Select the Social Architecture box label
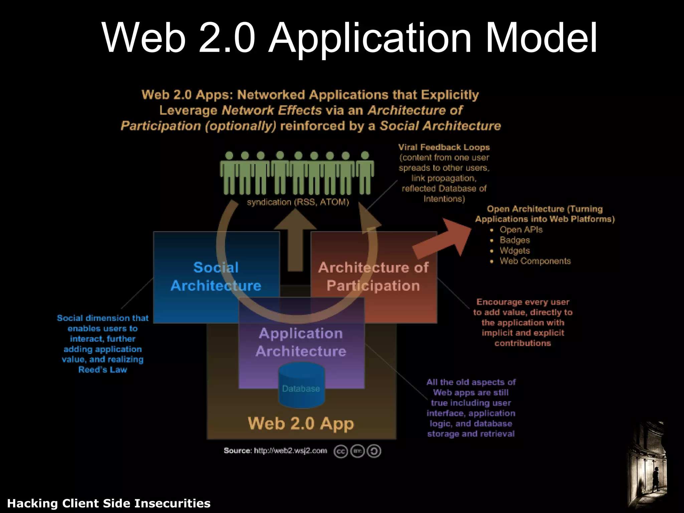click(x=216, y=277)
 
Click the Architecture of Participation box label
click(x=373, y=277)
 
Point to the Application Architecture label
click(x=301, y=342)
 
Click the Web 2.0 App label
click(x=301, y=423)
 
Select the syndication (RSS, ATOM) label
click(x=298, y=202)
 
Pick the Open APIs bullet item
click(x=521, y=230)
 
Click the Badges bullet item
click(x=515, y=240)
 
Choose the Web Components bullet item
click(x=535, y=261)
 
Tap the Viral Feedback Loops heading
click(x=444, y=147)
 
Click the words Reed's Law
click(x=103, y=370)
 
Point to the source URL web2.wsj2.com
click(x=290, y=451)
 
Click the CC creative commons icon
click(x=341, y=452)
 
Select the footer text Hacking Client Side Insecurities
click(x=109, y=503)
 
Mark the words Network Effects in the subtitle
click(x=272, y=110)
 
